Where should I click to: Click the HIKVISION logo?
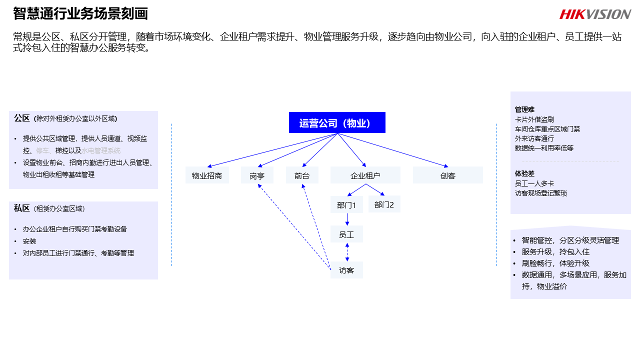(x=595, y=14)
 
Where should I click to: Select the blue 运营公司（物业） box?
(x=337, y=122)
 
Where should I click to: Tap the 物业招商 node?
(x=207, y=175)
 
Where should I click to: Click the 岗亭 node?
(x=257, y=175)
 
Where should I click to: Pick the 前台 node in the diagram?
(x=302, y=175)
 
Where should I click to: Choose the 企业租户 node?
(x=365, y=175)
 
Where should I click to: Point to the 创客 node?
(x=448, y=175)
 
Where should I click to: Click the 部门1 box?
(x=346, y=205)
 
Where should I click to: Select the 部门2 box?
(x=384, y=204)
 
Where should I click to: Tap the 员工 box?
(x=346, y=234)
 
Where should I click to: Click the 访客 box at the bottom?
(x=346, y=270)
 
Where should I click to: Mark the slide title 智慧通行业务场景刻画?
(x=80, y=13)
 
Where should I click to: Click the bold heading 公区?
(x=22, y=118)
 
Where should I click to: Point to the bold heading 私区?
(x=22, y=208)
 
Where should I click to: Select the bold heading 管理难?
(x=524, y=109)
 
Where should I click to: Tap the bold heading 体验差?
(x=524, y=173)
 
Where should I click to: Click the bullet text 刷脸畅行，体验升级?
(x=555, y=263)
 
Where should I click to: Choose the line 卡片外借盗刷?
(x=534, y=119)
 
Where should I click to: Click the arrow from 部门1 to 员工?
(x=347, y=219)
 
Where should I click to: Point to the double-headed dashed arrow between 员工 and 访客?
(x=347, y=252)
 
